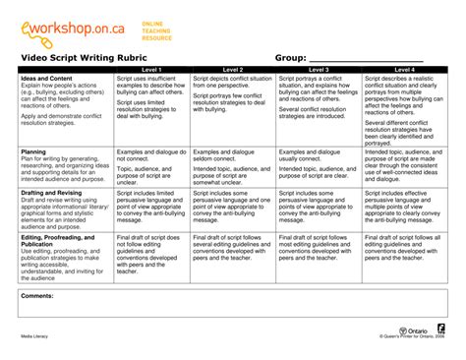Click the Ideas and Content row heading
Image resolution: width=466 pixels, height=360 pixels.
pos(46,78)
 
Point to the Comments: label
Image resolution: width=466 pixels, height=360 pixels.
pos(37,295)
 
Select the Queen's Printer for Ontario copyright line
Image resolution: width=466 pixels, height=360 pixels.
pos(414,336)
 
